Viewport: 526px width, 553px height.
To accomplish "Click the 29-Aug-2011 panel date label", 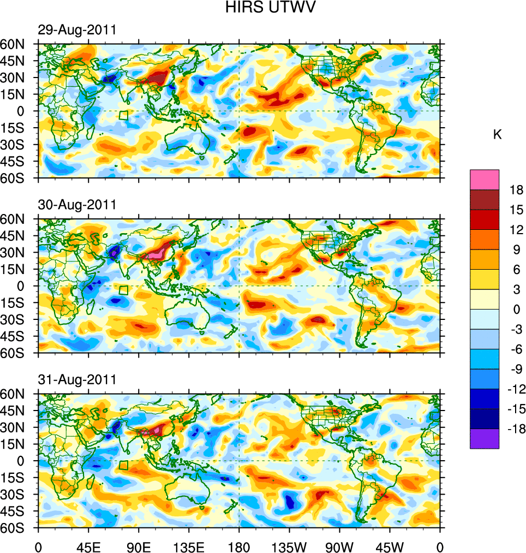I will tap(77, 30).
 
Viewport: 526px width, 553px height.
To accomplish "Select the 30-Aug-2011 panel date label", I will tap(77, 205).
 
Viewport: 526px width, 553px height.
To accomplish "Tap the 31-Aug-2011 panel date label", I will tap(77, 379).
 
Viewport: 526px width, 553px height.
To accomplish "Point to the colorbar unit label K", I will tap(497, 135).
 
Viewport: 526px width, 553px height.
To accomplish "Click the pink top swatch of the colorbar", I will tap(484, 180).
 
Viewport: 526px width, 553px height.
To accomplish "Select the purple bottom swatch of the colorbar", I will tap(484, 438).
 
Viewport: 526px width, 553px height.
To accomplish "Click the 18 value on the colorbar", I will tap(517, 190).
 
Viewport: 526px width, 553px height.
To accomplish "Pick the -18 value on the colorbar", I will tap(515, 429).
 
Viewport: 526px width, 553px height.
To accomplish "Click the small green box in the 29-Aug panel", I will tap(123, 115).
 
